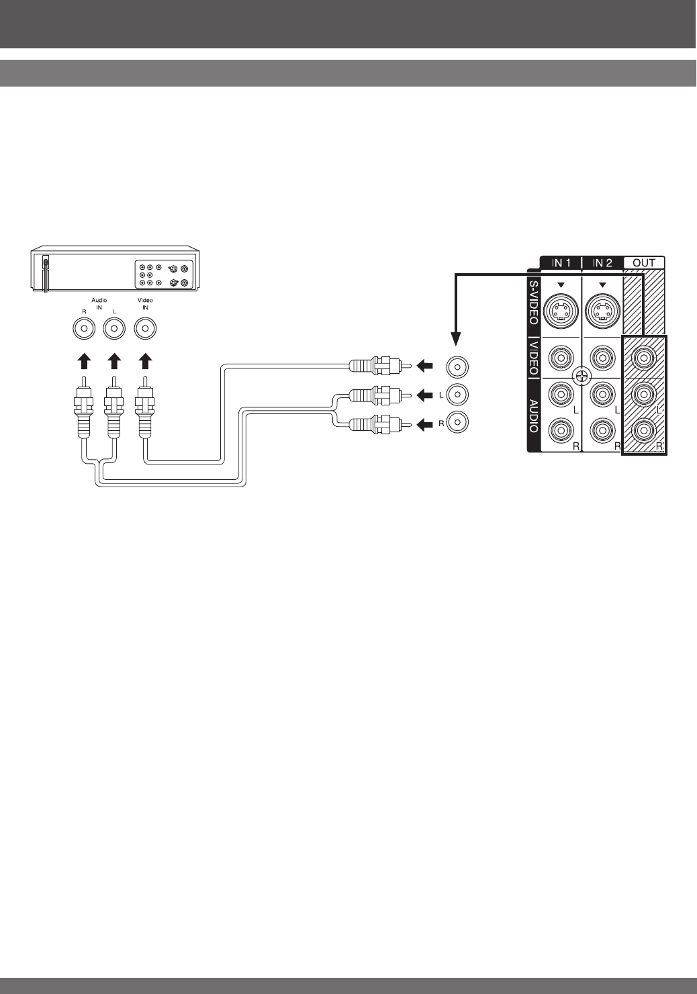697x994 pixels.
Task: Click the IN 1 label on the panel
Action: [x=561, y=263]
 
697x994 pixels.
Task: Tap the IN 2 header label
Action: [x=602, y=263]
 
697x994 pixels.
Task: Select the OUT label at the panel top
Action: [x=644, y=263]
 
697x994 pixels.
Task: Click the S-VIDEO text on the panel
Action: [x=533, y=303]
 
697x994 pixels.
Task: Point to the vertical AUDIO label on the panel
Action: [x=533, y=416]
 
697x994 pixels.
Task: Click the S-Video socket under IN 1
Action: [x=561, y=310]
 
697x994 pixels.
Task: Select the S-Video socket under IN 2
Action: [x=602, y=310]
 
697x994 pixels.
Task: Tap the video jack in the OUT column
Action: [x=644, y=358]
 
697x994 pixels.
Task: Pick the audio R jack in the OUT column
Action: [x=644, y=429]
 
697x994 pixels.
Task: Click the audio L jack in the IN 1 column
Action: [x=561, y=394]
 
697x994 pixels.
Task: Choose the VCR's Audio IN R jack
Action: [x=83, y=329]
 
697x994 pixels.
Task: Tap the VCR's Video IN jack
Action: [x=145, y=329]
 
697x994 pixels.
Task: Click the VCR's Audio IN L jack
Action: [x=114, y=329]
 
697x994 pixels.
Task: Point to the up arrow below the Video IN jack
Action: [x=145, y=362]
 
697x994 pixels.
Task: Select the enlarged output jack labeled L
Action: [x=457, y=394]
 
